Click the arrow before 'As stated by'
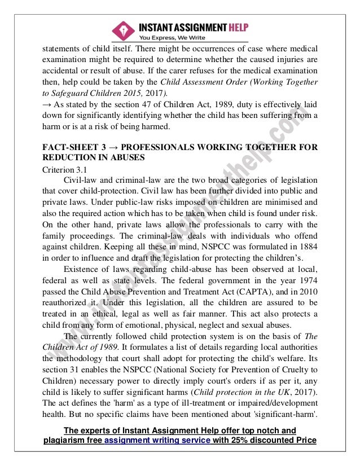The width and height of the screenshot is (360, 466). coord(47,105)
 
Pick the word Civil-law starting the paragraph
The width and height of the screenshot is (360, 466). coord(82,179)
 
